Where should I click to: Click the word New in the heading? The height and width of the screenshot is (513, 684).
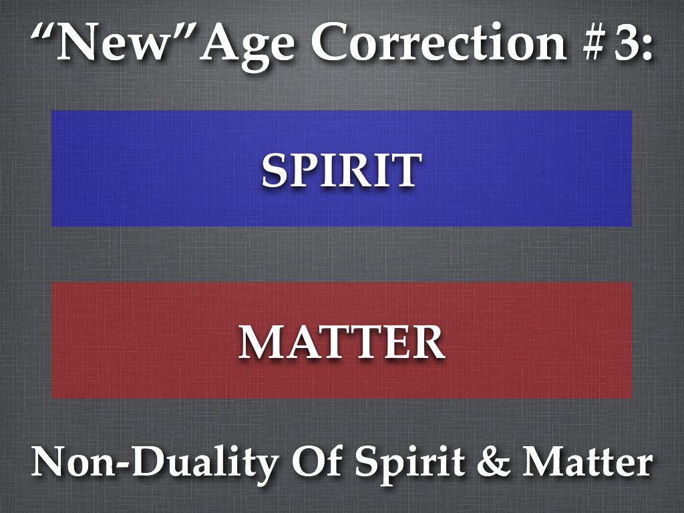[x=112, y=42]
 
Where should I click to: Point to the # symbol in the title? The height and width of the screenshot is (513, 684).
[x=596, y=42]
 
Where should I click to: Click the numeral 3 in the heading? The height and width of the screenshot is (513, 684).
[x=625, y=42]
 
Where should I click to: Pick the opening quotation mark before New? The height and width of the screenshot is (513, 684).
[x=43, y=31]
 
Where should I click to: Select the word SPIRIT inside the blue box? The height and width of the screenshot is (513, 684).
[x=341, y=170]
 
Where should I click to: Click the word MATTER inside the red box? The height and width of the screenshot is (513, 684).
[x=341, y=342]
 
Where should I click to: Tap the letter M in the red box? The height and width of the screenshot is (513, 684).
[x=259, y=343]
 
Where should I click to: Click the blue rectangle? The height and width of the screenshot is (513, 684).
[x=341, y=168]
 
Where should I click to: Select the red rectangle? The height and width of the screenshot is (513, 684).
[x=341, y=340]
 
